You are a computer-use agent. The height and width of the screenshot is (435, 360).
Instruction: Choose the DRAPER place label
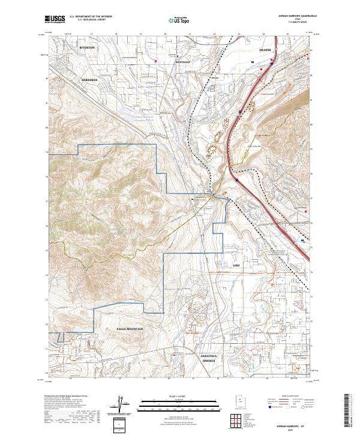coord(265,50)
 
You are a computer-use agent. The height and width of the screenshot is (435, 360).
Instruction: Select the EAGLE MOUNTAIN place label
coord(130,330)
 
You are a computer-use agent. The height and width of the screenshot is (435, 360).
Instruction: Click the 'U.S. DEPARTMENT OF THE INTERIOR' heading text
coord(94,17)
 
